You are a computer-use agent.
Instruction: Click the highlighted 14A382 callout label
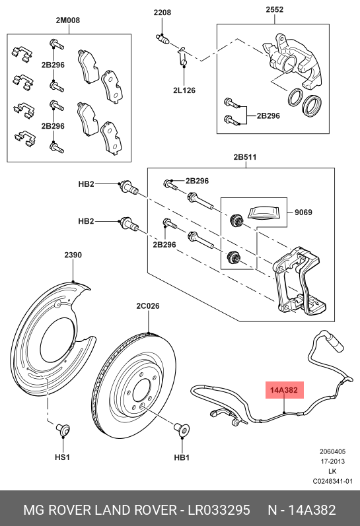tap(285, 390)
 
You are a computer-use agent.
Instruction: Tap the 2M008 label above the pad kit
tap(68, 20)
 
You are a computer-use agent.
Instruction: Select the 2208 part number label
tap(162, 13)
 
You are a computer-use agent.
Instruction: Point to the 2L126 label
tap(184, 90)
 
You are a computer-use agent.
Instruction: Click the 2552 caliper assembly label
tap(274, 9)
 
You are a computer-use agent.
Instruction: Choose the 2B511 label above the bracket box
tap(245, 157)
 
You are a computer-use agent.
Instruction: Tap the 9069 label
tap(303, 213)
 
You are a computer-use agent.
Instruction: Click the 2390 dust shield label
tap(73, 255)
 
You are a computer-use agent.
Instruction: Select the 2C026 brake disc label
tap(148, 306)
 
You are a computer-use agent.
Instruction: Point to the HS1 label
tap(62, 457)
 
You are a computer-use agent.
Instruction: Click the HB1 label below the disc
tap(182, 457)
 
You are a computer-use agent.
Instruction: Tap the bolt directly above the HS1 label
tap(63, 430)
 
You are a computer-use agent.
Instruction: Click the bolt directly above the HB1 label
tap(182, 430)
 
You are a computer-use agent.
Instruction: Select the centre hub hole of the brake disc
tap(141, 391)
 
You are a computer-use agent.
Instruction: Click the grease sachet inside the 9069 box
tap(265, 213)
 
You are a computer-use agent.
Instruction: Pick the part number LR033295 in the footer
tap(219, 510)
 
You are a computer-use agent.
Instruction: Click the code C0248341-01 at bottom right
tap(333, 481)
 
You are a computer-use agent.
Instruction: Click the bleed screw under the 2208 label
tap(163, 39)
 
